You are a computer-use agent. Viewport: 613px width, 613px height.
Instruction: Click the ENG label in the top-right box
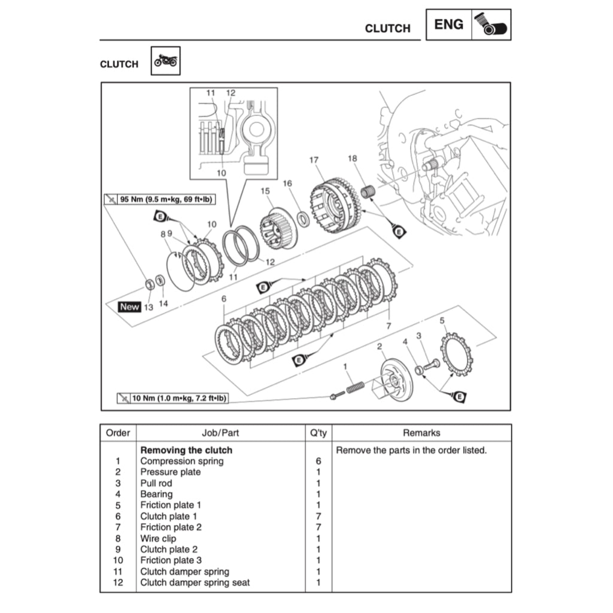point(448,25)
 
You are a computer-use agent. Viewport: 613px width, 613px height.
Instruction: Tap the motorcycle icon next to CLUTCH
point(165,61)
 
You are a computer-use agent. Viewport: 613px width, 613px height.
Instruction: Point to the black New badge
point(129,306)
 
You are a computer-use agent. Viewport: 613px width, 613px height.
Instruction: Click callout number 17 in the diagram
point(314,160)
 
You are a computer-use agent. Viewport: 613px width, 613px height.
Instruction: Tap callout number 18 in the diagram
point(352,159)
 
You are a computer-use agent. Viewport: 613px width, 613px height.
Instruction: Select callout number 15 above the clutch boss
point(266,191)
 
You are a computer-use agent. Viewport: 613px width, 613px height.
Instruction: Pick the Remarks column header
point(421,433)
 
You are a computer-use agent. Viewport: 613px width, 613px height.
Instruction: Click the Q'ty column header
point(318,433)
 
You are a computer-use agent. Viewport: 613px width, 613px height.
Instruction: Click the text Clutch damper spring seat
point(195,582)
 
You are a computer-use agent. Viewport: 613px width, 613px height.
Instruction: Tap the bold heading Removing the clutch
point(186,450)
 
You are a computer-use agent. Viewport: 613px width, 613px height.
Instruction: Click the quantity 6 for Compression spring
point(318,461)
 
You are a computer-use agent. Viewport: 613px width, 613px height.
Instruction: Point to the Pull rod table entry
point(156,483)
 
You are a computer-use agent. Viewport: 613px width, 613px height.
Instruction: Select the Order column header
point(118,433)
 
